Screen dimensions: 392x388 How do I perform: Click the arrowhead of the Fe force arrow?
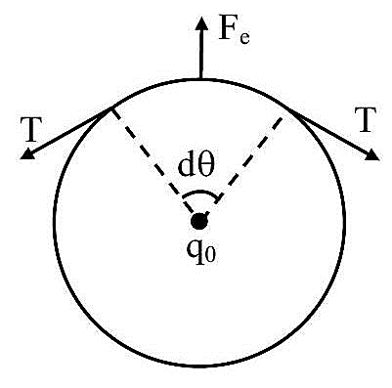click(201, 23)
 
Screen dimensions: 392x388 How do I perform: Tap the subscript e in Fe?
click(244, 38)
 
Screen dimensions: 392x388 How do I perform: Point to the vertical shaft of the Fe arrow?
click(201, 55)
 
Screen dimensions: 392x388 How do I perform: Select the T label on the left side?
click(30, 129)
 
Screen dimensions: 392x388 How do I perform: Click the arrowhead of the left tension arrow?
click(27, 153)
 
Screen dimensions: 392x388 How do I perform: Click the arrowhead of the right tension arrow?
click(371, 154)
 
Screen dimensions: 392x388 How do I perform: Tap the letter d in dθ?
click(186, 166)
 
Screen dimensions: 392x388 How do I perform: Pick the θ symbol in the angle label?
click(205, 166)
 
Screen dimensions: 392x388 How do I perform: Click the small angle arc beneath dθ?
click(200, 191)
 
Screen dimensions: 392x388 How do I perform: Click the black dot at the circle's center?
click(199, 222)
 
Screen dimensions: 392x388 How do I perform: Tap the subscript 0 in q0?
click(210, 256)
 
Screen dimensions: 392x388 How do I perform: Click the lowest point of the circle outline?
click(199, 366)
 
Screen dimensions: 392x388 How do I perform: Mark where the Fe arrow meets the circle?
click(201, 79)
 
